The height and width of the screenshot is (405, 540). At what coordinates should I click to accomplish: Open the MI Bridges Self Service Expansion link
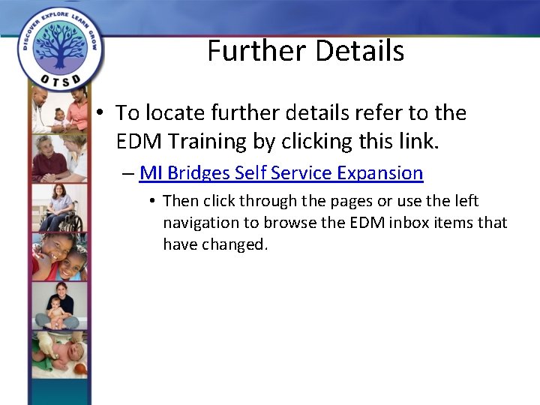(281, 173)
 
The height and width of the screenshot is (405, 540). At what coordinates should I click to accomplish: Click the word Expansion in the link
(379, 173)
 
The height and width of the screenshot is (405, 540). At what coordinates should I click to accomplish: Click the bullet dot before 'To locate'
(100, 113)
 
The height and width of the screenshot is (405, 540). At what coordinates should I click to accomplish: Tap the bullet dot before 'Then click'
(151, 201)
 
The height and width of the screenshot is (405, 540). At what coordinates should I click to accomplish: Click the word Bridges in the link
(199, 173)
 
